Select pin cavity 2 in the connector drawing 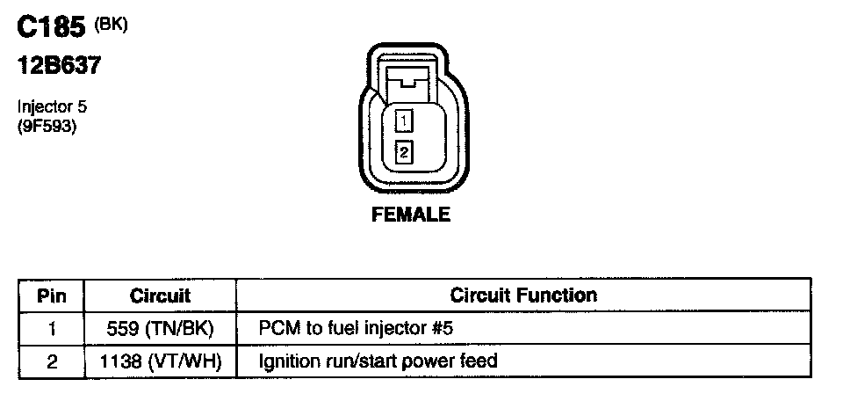(404, 151)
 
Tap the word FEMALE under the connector (411, 215)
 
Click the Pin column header (51, 296)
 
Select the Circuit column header (160, 296)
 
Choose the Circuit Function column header (523, 296)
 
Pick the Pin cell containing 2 (51, 360)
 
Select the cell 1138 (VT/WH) (160, 360)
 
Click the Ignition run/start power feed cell (378, 360)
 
